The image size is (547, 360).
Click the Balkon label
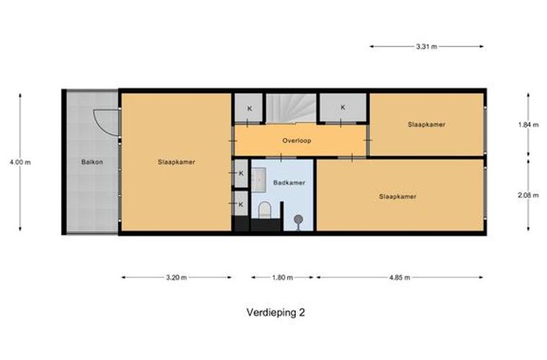point(92,162)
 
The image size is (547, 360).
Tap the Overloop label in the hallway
point(297,141)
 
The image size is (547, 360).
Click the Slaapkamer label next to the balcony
point(176,162)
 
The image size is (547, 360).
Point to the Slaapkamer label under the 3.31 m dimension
point(426,125)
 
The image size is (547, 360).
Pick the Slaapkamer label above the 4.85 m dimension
point(398,196)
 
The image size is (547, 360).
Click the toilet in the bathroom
point(264,210)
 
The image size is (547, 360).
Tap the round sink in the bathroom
point(297,220)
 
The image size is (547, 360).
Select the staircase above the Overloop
point(291,109)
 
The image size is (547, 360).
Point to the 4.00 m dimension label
point(20,162)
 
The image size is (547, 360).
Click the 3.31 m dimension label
point(427,46)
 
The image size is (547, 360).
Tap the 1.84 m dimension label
point(528,125)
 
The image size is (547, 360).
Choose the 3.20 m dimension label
point(176,277)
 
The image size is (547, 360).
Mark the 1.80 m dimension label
point(284,277)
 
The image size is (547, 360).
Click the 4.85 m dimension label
point(399,277)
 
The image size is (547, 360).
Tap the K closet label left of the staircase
point(250,109)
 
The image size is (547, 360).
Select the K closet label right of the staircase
point(343,107)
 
